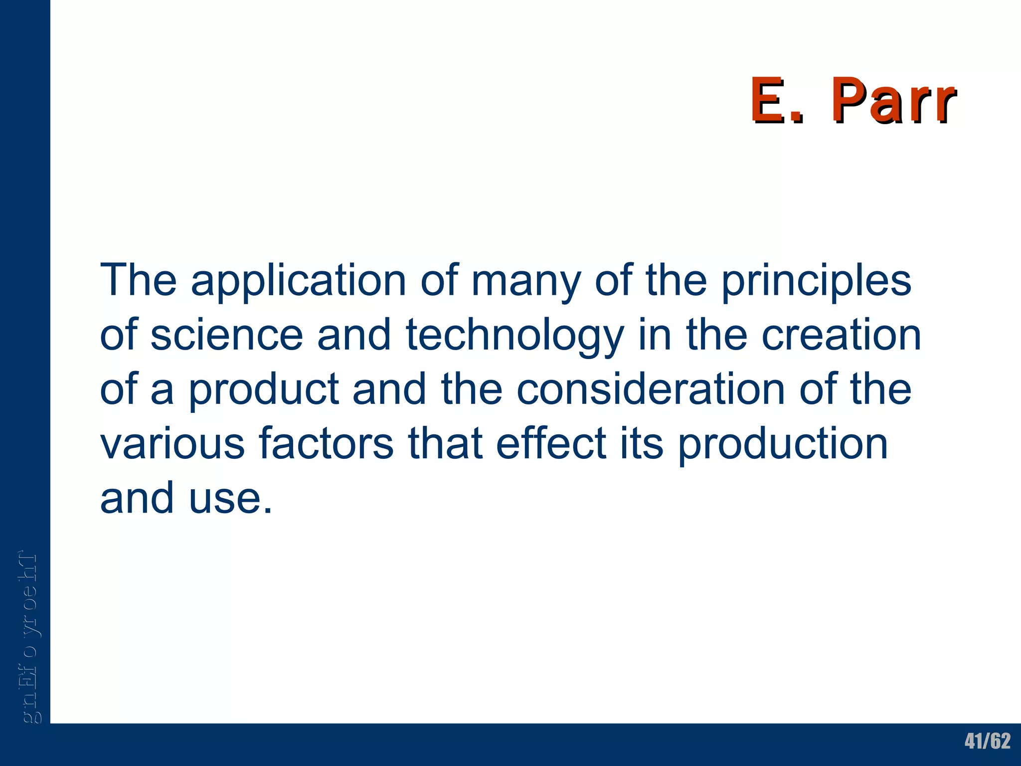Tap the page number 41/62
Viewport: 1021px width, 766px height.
click(987, 741)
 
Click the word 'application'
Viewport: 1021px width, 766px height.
click(299, 281)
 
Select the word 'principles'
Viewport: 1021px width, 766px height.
click(817, 281)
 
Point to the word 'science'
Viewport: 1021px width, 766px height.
click(227, 335)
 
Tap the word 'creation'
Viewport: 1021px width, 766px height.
click(842, 335)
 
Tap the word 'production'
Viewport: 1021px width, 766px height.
click(783, 445)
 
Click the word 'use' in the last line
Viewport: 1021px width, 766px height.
click(230, 498)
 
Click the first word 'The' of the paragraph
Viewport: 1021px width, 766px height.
click(138, 280)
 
